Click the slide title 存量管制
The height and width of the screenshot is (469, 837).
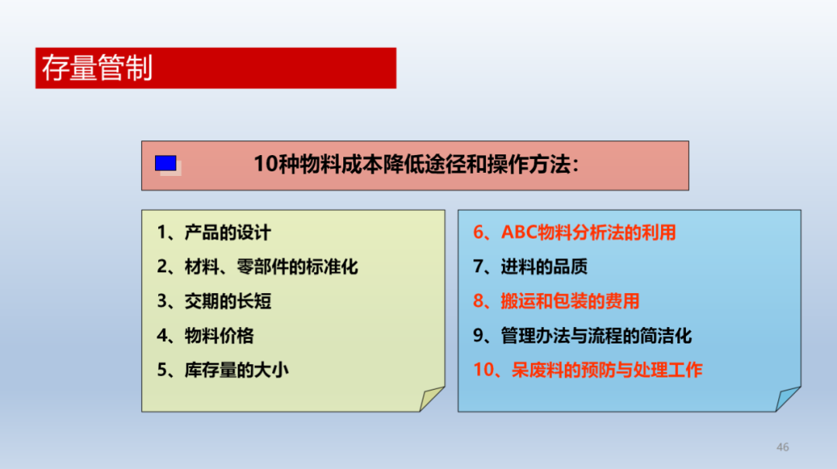tap(97, 68)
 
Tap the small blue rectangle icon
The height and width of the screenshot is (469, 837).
tap(166, 164)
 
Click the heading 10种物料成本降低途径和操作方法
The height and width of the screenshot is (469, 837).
tap(416, 164)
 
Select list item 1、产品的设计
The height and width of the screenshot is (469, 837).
tap(214, 233)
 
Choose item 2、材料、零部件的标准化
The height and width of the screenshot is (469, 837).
tap(257, 267)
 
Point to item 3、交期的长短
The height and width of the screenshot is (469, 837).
tap(214, 302)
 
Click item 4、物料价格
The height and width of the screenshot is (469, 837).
tap(205, 336)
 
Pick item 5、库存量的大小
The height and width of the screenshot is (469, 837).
tap(222, 370)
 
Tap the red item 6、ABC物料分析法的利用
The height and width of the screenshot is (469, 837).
tap(574, 233)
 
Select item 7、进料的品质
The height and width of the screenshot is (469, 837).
tap(530, 267)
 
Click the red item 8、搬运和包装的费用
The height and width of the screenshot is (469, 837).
tap(556, 302)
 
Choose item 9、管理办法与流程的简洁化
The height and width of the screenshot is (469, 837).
tap(582, 336)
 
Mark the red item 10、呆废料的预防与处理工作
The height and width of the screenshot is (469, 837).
tap(587, 370)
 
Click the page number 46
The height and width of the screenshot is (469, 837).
tap(783, 447)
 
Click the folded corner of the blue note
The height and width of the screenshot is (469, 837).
tap(787, 398)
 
